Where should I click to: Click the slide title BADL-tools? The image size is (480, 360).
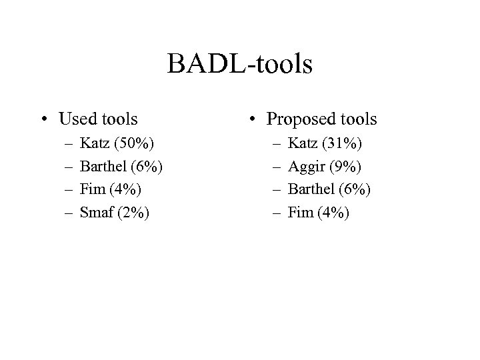click(x=240, y=65)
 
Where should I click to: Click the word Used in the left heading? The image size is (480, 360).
click(x=77, y=119)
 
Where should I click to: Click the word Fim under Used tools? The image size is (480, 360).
click(x=92, y=190)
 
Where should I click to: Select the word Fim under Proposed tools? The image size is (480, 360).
click(x=299, y=213)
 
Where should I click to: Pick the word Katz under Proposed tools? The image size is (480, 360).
click(x=303, y=143)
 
